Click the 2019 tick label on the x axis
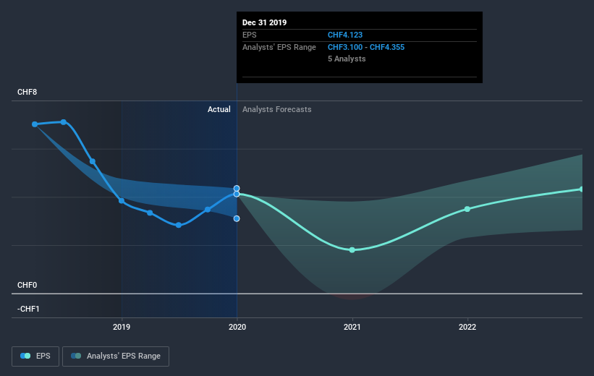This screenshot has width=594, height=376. (x=122, y=326)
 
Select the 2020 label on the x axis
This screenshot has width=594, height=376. (x=237, y=326)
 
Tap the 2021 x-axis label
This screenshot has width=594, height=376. (x=352, y=326)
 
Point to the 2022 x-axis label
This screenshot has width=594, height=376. (x=467, y=326)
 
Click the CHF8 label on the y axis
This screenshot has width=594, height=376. (x=27, y=92)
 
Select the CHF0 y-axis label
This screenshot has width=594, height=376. (x=27, y=285)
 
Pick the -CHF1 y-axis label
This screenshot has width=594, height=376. (x=29, y=309)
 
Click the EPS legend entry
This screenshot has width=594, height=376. (x=35, y=356)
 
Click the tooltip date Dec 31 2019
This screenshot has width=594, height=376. (x=265, y=22)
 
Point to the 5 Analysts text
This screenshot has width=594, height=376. (x=347, y=59)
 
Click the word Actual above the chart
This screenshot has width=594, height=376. (x=218, y=109)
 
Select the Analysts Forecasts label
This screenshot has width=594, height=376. (x=277, y=109)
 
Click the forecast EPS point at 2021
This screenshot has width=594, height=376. (x=352, y=249)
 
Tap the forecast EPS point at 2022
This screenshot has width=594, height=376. (x=467, y=209)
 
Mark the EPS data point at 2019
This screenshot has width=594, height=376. (x=122, y=200)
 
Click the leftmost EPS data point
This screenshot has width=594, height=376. (x=35, y=124)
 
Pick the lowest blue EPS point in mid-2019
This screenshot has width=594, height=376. (x=179, y=225)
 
